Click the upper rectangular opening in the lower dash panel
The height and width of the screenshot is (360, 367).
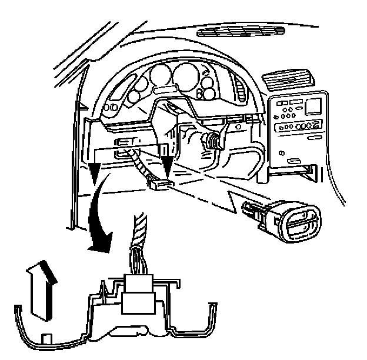tap(125, 142)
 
